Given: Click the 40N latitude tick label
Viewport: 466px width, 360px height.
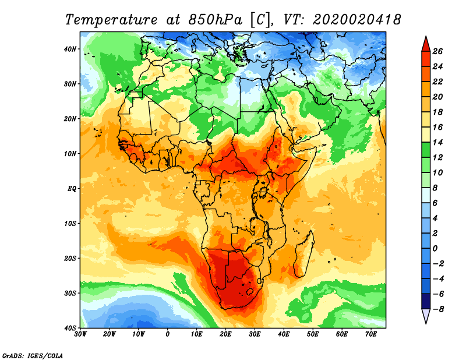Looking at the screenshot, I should coord(70,49).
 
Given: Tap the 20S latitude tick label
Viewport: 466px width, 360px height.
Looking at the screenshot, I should coord(70,258).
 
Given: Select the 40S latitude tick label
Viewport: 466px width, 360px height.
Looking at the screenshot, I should coord(70,327).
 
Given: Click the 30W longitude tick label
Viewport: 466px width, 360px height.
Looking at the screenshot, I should coord(81,334).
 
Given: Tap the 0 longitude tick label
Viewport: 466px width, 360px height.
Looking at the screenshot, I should coord(168,334).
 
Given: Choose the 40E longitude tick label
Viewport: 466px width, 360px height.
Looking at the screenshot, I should coord(284,334).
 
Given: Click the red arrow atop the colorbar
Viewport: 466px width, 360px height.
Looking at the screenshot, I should coord(426,43).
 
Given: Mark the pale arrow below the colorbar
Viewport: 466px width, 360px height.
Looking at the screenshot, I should coord(426,316).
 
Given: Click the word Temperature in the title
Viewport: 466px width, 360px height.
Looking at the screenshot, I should coord(114,20).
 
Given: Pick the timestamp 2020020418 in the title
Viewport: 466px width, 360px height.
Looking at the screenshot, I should coord(356,20).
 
